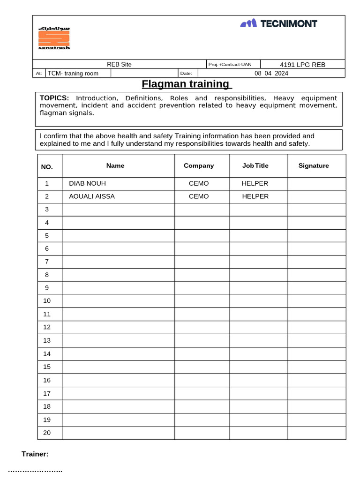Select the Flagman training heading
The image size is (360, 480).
187,84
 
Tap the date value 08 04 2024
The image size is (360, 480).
271,74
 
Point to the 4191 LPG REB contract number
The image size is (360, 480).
302,65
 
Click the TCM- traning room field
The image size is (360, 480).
73,74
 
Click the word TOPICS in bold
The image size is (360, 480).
54,98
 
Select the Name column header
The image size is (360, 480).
115,165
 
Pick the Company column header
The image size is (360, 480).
199,165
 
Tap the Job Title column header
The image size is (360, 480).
255,165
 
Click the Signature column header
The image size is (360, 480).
314,165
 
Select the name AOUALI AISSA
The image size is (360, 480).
92,196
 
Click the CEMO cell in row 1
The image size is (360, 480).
199,183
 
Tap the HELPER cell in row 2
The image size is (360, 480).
255,196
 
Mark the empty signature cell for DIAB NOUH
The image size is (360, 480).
316,183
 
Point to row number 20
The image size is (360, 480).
47,433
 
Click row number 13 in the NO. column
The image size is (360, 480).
47,340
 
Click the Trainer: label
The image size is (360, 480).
35,454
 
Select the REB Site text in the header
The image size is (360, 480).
120,65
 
